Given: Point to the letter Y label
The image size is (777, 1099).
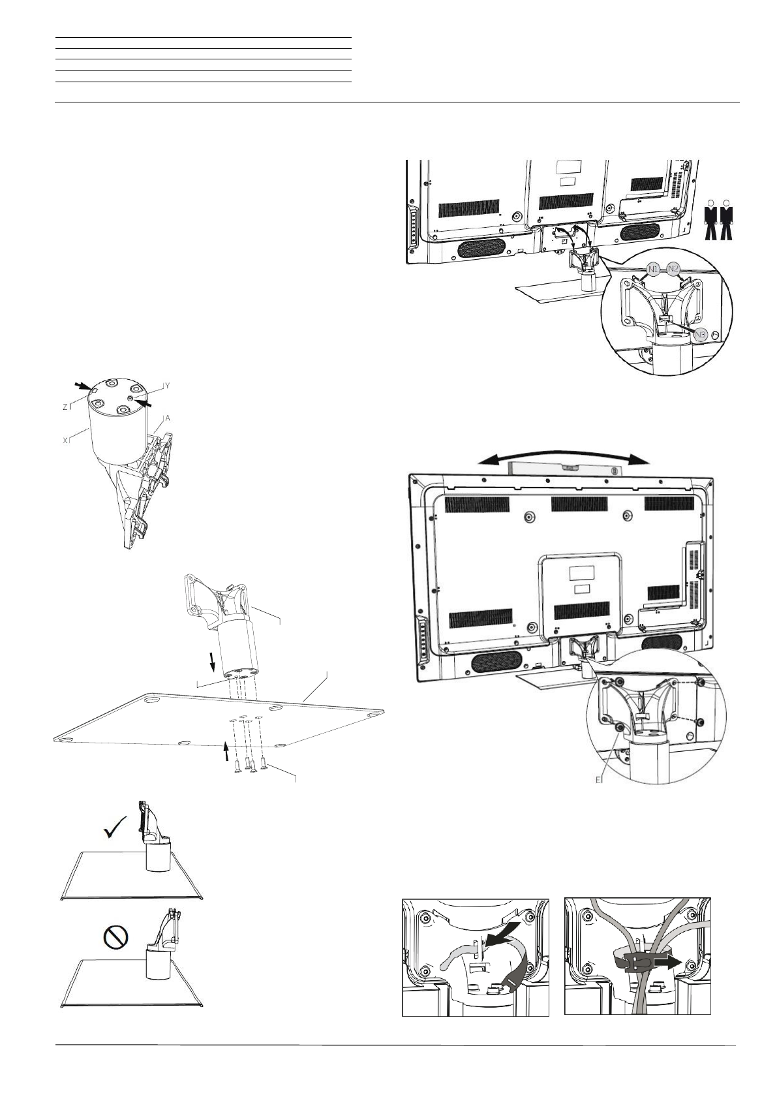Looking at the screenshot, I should click(167, 386).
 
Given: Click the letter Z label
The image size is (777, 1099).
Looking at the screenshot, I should click(66, 406).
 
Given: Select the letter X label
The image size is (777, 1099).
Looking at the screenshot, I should click(66, 441).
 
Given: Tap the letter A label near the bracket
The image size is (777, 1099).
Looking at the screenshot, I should click(168, 418).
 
